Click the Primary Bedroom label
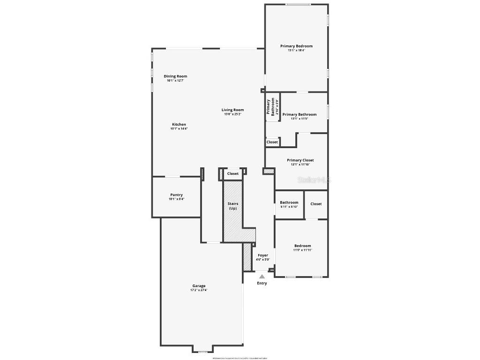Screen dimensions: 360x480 [x=296, y=46]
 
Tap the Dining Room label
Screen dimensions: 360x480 [x=175, y=76]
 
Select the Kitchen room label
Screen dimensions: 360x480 [x=179, y=125]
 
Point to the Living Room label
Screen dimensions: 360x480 [x=232, y=110]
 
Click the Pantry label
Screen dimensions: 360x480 [x=176, y=195]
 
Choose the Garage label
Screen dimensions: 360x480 [x=199, y=286]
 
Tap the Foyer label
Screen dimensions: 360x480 [x=263, y=255]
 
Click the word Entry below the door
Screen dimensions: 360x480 [x=262, y=283]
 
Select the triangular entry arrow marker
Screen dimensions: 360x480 [x=262, y=277]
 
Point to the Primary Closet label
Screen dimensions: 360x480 [x=300, y=160]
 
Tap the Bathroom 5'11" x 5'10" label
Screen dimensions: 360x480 [x=289, y=202]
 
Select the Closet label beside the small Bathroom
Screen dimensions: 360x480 [x=316, y=204]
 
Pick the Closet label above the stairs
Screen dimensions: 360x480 [x=233, y=173]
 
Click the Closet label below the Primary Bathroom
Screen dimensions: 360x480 [x=272, y=142]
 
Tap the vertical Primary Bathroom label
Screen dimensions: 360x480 [x=271, y=107]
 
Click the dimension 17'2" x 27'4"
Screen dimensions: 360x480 [x=199, y=290]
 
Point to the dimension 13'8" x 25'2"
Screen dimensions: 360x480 [x=232, y=114]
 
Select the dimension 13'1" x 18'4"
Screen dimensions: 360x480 [x=296, y=50]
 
